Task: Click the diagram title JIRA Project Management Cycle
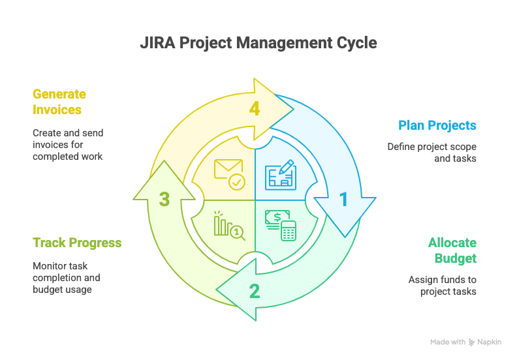pos(258,43)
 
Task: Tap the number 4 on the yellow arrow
pos(255,109)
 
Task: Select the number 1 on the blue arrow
pos(343,200)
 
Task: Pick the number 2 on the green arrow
pos(255,291)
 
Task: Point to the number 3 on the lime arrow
pos(164,199)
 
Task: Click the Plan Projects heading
pos(437,125)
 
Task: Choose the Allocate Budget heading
pos(452,250)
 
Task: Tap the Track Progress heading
pos(77,243)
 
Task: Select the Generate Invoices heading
pos(59,102)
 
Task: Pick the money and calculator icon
pos(280,225)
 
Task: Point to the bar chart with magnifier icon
pos(229,225)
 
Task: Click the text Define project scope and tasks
pos(431,153)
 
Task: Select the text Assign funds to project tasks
pos(442,285)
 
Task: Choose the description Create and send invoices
pos(68,144)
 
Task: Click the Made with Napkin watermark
pos(465,342)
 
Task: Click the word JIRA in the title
pos(157,43)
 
